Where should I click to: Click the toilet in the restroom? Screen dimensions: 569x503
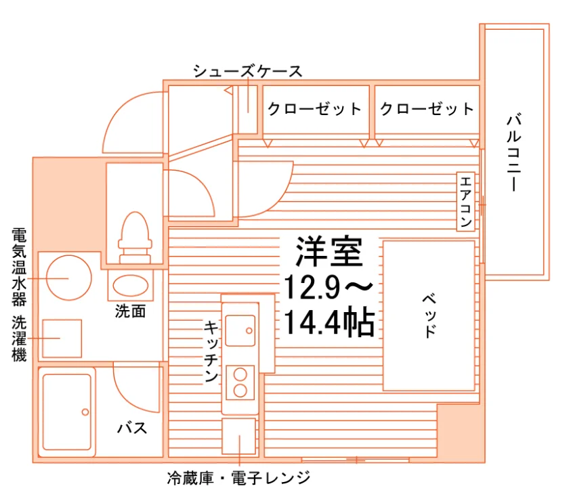135,237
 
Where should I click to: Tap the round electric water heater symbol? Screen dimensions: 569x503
69,278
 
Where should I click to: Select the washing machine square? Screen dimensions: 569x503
62,338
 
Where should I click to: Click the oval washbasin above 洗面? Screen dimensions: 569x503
131,285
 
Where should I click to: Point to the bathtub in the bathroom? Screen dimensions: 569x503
67,412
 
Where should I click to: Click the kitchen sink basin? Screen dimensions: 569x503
240,331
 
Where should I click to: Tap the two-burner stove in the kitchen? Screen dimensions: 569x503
240,382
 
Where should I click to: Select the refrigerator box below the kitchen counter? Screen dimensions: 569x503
238,436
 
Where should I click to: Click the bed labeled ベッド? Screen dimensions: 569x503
429,315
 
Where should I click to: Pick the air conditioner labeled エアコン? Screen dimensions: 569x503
465,201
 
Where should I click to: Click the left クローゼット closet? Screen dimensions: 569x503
316,110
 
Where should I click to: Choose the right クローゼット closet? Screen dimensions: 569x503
427,110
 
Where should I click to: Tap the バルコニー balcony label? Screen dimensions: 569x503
514,153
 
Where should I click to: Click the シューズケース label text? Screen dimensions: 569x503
248,71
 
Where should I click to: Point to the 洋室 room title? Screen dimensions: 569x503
329,252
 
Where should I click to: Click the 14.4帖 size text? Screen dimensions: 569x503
329,322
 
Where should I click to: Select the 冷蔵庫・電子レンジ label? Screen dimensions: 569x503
238,478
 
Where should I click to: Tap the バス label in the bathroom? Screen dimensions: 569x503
132,429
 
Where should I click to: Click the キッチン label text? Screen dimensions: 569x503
211,351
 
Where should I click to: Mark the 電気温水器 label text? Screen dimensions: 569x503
19,267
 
